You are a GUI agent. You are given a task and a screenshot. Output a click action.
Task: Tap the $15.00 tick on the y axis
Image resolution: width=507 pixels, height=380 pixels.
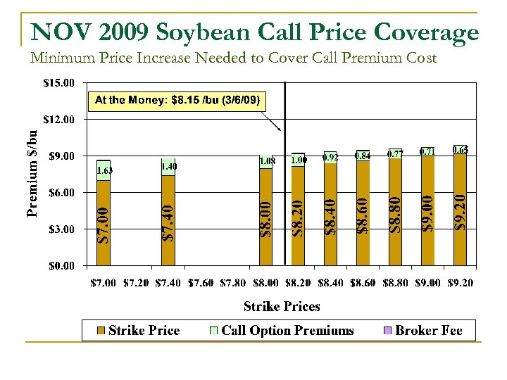(x=58, y=82)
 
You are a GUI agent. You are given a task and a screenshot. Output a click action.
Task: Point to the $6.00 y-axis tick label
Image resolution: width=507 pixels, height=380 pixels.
(x=60, y=192)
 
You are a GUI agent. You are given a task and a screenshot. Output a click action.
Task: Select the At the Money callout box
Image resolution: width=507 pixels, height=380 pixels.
(x=177, y=100)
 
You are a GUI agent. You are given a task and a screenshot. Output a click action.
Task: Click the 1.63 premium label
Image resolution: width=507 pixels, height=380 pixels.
(x=104, y=170)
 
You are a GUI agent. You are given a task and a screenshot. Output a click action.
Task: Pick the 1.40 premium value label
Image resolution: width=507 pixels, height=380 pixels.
(x=169, y=166)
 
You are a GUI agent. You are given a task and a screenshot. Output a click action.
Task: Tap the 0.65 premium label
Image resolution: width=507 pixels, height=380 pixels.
(x=460, y=150)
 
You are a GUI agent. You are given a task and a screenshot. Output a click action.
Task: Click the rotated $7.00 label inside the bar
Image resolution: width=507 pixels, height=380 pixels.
(x=103, y=224)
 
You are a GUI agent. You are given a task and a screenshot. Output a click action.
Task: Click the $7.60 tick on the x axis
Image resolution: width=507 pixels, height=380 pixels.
(x=201, y=283)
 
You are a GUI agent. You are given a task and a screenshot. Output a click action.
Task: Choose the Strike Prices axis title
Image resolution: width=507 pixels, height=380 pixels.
(x=282, y=306)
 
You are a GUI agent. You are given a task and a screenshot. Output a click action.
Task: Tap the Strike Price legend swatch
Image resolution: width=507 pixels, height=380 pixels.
(x=101, y=331)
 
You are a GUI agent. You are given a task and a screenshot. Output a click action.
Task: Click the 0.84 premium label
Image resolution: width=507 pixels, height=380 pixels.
(x=363, y=156)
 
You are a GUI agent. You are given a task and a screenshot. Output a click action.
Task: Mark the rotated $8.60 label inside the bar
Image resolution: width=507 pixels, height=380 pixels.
(x=363, y=216)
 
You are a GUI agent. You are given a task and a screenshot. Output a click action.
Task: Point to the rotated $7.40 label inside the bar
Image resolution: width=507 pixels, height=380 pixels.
(x=168, y=222)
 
